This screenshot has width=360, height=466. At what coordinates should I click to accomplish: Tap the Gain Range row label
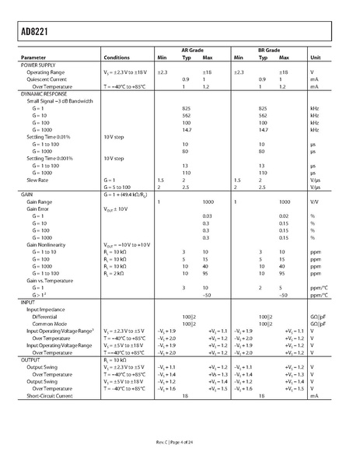[x=41, y=201]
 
